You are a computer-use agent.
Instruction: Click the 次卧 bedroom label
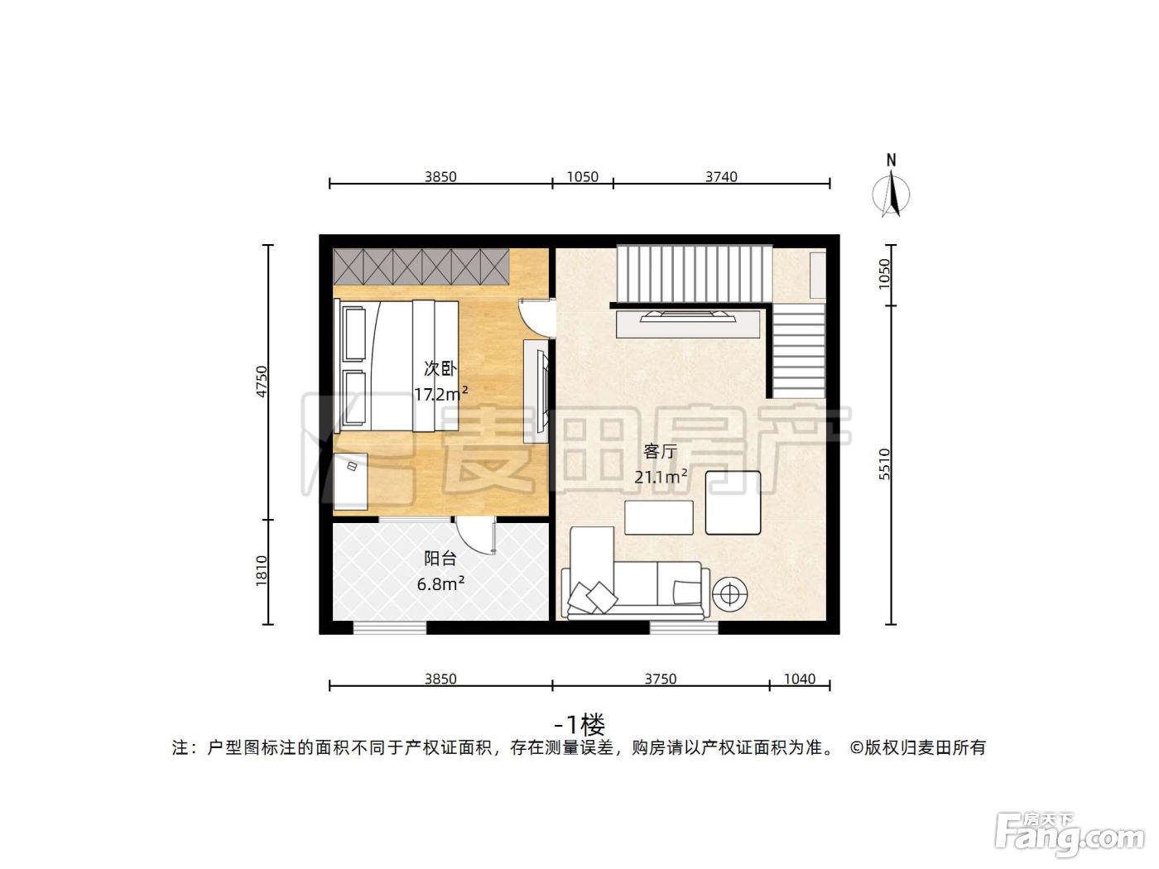pos(440,368)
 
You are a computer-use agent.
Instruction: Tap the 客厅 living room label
pos(660,451)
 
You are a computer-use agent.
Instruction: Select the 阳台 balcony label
pos(440,558)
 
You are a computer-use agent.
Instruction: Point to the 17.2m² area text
pos(441,394)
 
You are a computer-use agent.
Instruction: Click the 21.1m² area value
pos(661,477)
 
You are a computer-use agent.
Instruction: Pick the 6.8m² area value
pos(440,583)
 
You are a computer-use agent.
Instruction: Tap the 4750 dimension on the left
pos(262,382)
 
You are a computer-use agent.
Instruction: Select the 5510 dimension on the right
pos(885,463)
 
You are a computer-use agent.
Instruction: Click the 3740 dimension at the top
pos(721,176)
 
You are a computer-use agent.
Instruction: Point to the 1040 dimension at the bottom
pos(800,679)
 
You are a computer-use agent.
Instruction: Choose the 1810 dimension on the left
pos(262,570)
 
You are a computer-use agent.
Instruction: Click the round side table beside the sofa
pos(729,594)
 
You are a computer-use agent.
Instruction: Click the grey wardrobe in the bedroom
pos(421,266)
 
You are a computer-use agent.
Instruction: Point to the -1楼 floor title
pos(579,724)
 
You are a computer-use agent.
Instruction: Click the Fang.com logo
pos(1070,837)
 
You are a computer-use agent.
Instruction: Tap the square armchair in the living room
pos(733,503)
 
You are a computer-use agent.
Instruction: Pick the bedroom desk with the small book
pos(351,481)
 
